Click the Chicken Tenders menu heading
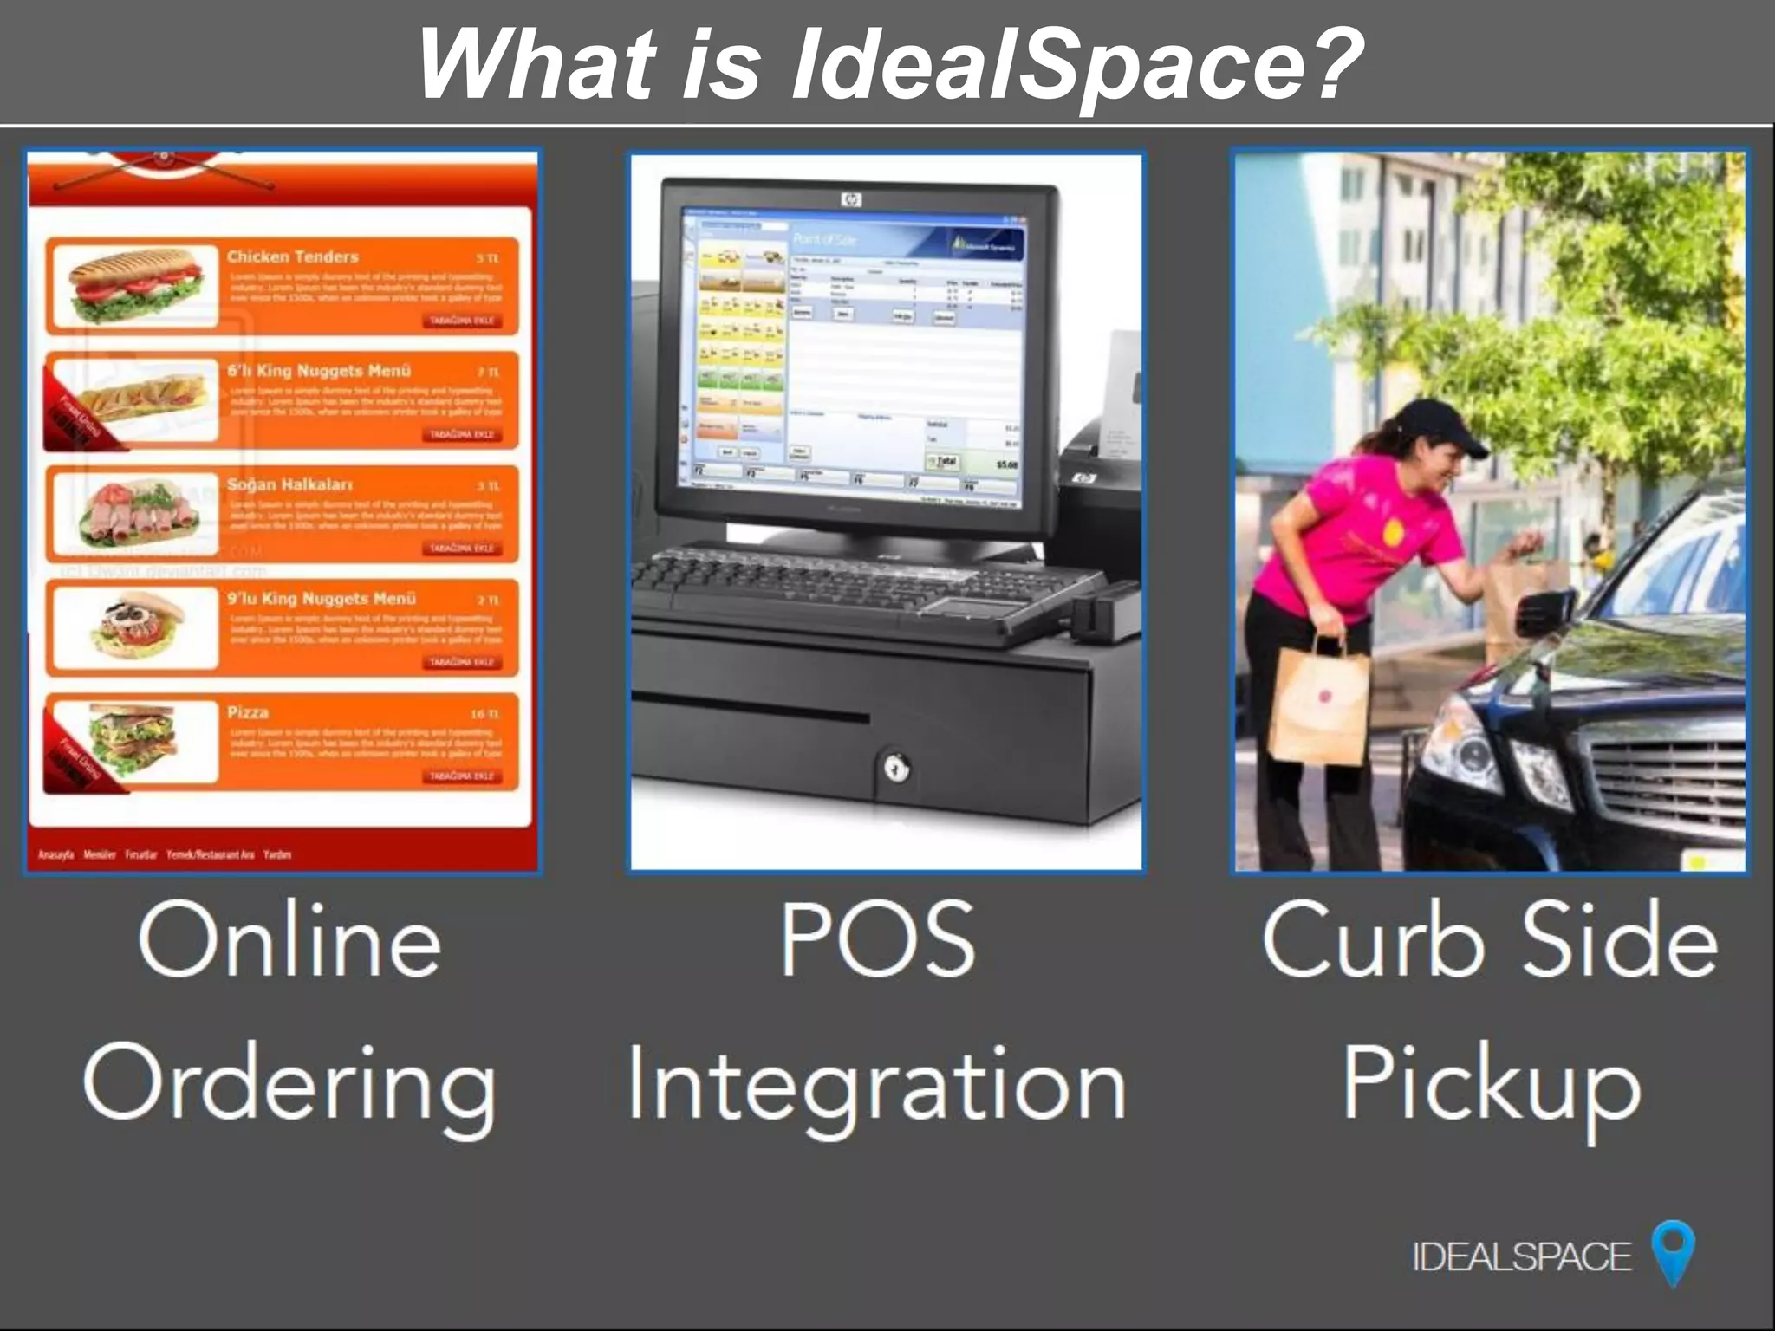292,256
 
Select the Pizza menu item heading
248,712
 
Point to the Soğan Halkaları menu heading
289,484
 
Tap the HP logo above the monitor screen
852,200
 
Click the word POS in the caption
877,939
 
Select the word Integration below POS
876,1083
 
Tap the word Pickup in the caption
1491,1083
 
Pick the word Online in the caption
289,941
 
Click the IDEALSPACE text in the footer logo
1521,1256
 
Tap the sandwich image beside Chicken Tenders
133,285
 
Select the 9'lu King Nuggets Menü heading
321,599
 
